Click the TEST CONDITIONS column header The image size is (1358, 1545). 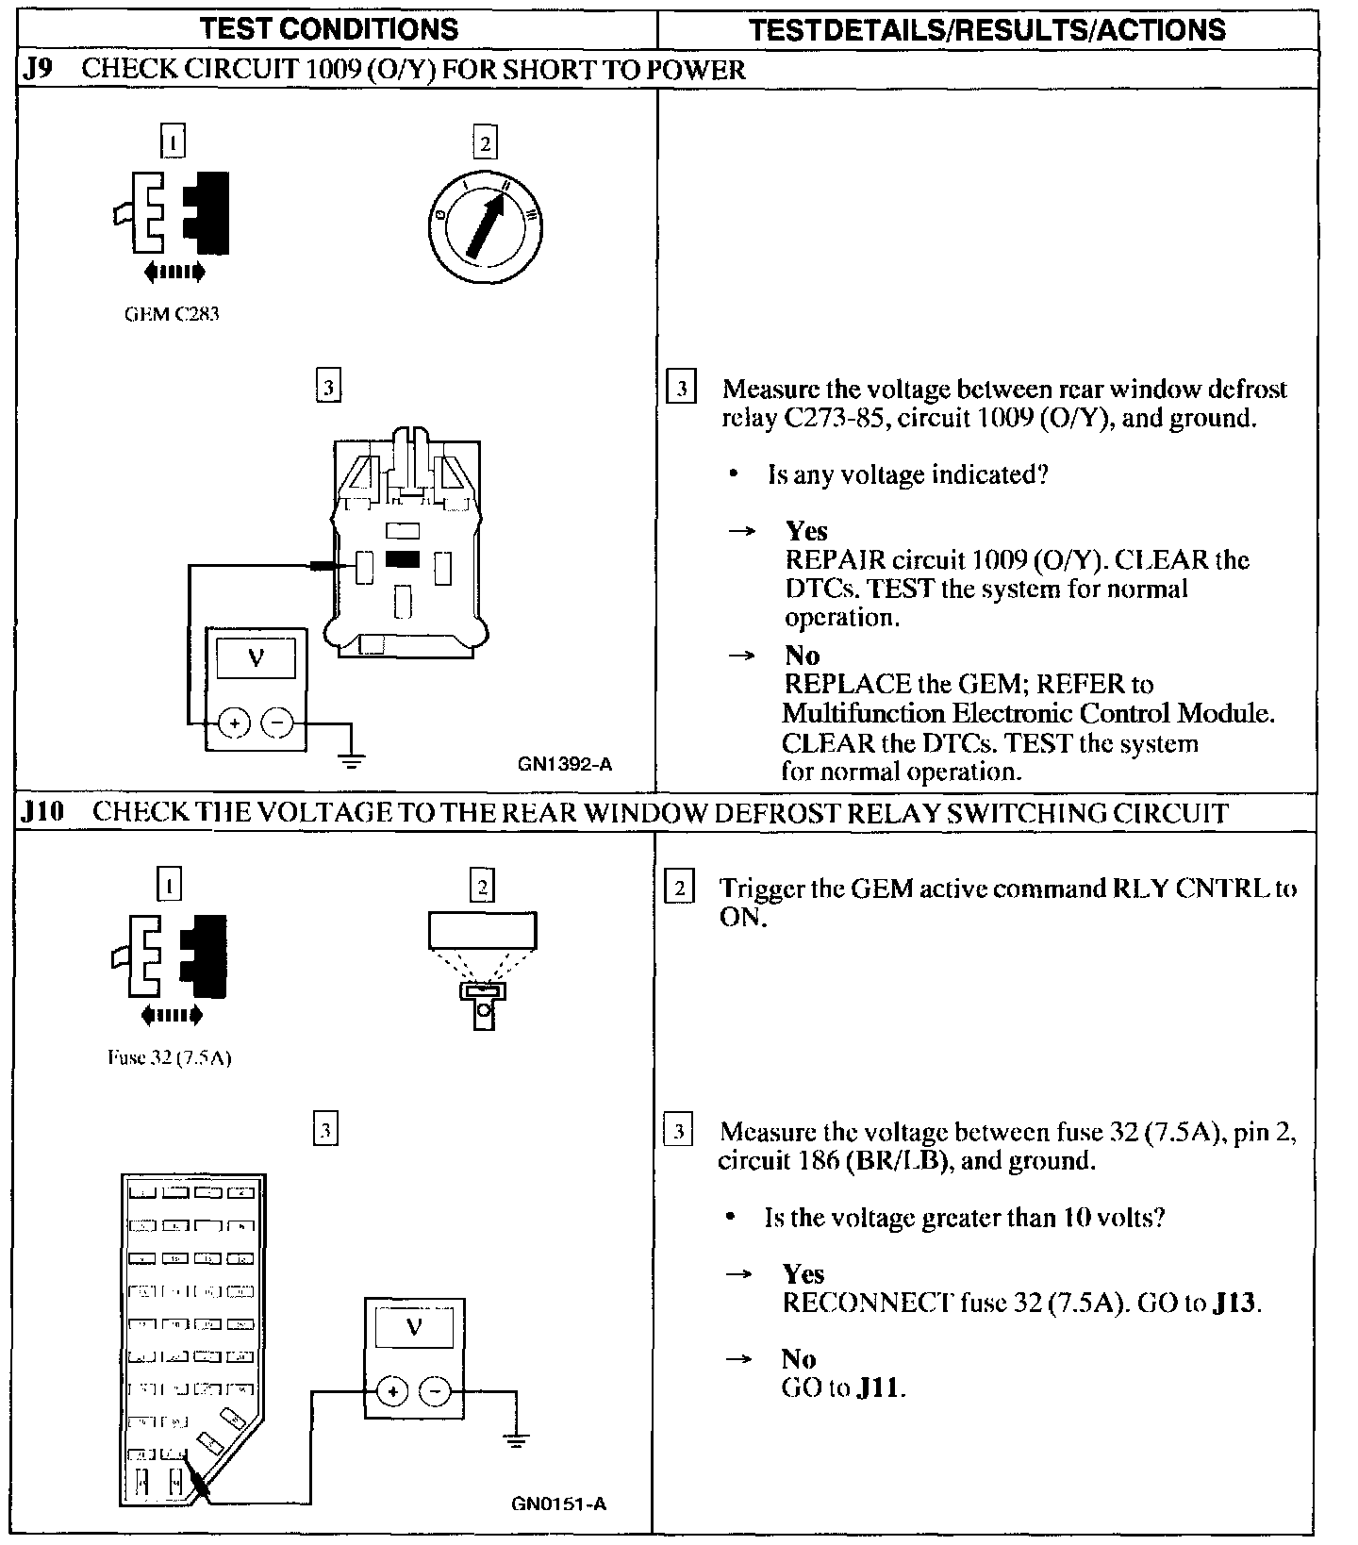coord(329,29)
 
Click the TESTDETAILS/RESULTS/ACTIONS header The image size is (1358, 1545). coord(987,29)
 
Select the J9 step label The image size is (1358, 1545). coord(39,70)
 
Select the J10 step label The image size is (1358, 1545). coord(43,813)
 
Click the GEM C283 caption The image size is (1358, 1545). coord(172,314)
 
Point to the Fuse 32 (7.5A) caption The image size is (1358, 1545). coord(169,1057)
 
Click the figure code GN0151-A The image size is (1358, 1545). coord(558,1503)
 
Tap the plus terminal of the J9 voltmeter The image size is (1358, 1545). coord(234,723)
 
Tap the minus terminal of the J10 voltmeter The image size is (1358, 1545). coord(435,1390)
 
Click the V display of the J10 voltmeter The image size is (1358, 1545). coord(414,1328)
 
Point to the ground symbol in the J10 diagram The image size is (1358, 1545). coord(515,1440)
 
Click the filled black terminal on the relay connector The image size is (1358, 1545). coord(403,559)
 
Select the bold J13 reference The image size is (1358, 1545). coord(1235,1304)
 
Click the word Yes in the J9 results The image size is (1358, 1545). coord(806,531)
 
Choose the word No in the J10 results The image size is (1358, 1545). coord(798,1359)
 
